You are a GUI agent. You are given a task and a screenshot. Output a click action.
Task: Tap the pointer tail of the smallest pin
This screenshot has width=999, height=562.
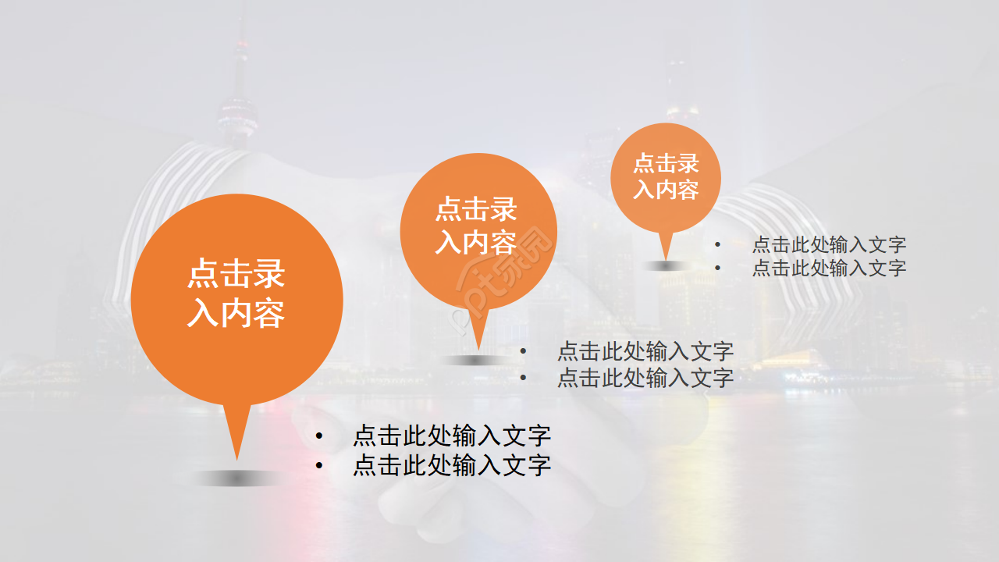click(665, 245)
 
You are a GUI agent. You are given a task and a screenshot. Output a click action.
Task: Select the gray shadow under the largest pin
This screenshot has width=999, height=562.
click(236, 478)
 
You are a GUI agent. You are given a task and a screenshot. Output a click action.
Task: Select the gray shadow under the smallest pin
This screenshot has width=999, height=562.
click(666, 265)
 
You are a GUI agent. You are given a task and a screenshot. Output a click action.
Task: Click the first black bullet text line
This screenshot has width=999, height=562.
click(452, 436)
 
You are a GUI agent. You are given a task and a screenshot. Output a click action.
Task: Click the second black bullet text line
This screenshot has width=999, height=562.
click(452, 465)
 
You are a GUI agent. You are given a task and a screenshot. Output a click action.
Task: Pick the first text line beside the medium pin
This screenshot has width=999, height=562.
click(645, 351)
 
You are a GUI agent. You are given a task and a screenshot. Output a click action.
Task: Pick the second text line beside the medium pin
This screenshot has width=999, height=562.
click(645, 378)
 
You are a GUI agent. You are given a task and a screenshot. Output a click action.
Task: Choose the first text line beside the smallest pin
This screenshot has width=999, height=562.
click(829, 244)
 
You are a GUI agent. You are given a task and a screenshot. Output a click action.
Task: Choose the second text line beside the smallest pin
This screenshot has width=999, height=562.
click(829, 269)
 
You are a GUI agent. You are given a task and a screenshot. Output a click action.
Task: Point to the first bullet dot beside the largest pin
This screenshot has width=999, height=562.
click(318, 436)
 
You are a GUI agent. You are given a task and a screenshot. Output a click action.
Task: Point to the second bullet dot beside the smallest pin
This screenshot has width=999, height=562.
click(718, 269)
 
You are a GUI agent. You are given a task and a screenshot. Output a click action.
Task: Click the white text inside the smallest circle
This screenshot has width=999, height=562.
click(666, 176)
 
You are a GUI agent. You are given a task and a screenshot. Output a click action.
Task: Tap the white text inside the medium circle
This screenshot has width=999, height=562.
click(476, 226)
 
